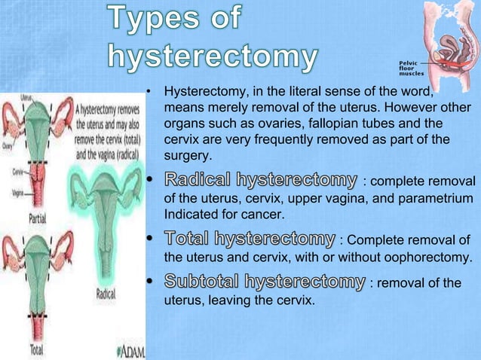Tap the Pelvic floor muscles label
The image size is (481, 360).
[412, 70]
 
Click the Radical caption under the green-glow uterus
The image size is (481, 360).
[106, 294]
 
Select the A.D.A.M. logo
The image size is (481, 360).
[131, 351]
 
